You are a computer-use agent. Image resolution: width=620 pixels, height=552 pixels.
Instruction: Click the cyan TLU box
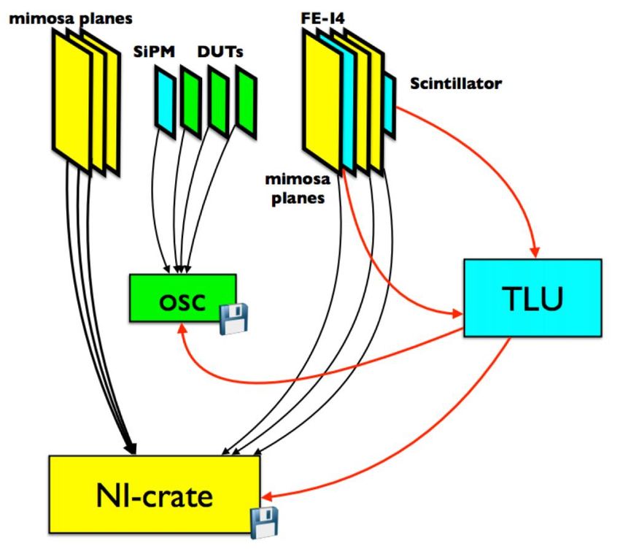(532, 298)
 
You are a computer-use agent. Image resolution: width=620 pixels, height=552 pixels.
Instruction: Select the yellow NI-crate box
(155, 494)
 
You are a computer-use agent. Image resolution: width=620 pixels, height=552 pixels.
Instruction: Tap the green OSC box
(182, 298)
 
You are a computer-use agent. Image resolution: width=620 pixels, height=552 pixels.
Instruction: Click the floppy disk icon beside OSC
(233, 319)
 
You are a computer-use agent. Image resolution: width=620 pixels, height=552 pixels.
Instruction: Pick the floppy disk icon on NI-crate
(265, 522)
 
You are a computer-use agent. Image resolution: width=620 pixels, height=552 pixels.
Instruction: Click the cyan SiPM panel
(166, 102)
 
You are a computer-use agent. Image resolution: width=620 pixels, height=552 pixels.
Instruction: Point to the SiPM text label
(154, 52)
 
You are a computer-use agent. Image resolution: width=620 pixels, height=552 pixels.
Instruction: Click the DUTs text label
(220, 52)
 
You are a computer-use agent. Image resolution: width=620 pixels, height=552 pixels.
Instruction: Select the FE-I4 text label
(322, 18)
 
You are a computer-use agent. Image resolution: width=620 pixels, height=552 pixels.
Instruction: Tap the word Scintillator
(456, 83)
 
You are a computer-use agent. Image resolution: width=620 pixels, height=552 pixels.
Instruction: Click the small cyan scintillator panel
(390, 105)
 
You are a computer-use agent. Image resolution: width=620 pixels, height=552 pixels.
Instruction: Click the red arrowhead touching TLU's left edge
(457, 315)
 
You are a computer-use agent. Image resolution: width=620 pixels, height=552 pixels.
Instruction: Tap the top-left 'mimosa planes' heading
(71, 18)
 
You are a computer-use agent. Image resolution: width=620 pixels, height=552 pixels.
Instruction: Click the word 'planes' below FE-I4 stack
(298, 198)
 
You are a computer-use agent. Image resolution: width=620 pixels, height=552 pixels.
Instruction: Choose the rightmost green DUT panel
(247, 102)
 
